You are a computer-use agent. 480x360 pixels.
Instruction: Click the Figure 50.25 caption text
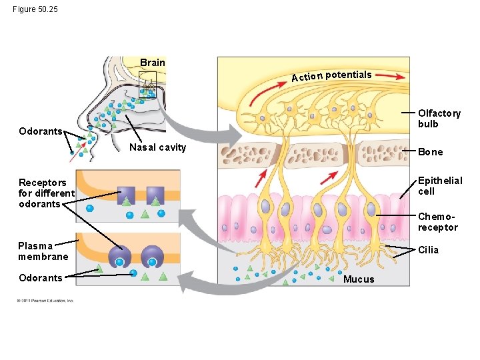(35, 9)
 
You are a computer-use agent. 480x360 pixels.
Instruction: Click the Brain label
(153, 63)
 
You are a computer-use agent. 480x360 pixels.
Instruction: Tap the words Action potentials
(331, 76)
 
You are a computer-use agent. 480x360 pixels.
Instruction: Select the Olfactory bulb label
(439, 119)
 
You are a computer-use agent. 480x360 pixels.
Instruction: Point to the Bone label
(430, 152)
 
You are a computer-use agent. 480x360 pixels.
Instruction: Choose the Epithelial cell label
(439, 186)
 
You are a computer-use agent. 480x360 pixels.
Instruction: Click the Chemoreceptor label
(437, 222)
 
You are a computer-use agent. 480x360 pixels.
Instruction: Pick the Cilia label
(429, 250)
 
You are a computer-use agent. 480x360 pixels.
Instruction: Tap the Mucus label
(359, 279)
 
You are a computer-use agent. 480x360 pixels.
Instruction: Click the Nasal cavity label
(157, 147)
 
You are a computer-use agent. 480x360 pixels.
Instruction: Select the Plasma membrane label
(43, 251)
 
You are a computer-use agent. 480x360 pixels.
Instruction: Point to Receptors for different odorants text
(43, 193)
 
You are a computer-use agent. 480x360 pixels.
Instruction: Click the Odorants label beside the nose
(41, 131)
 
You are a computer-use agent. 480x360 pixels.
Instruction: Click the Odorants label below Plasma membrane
(41, 278)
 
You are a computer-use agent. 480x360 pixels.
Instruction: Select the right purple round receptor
(153, 255)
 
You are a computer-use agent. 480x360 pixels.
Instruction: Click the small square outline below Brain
(147, 84)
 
